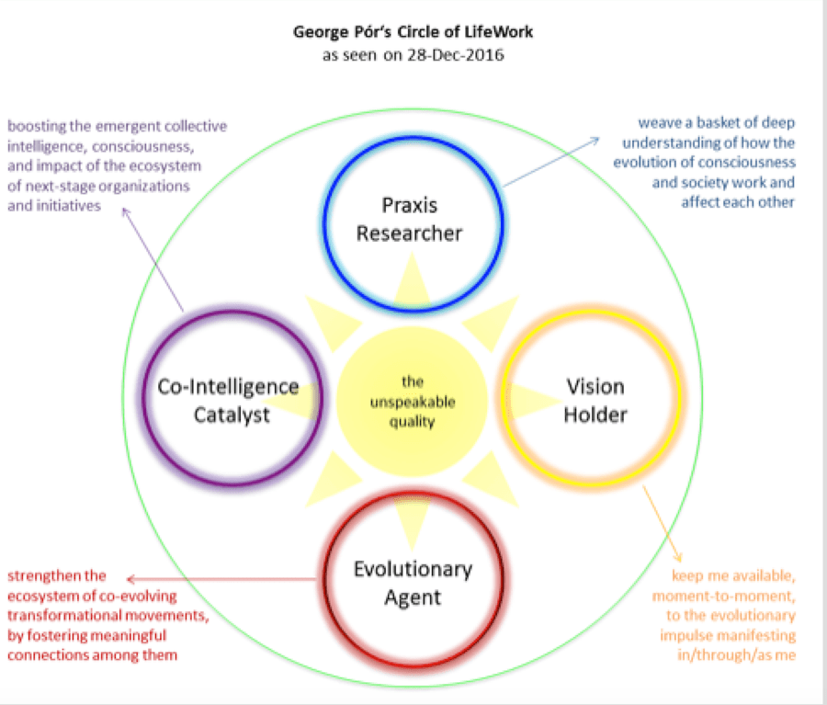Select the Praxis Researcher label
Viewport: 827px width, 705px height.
point(409,218)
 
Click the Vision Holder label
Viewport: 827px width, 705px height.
point(595,400)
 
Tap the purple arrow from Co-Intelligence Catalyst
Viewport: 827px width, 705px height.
point(155,262)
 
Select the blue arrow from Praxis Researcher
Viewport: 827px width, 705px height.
point(551,162)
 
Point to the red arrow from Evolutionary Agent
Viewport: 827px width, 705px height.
point(221,579)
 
